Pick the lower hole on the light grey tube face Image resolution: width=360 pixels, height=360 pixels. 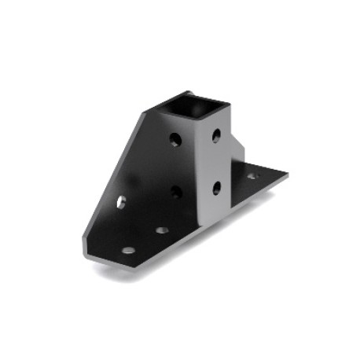tap(216, 187)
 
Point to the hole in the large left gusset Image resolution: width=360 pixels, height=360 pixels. tap(120, 201)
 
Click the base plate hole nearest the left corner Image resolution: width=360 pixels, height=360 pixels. tap(128, 250)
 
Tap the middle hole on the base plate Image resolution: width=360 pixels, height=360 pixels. tap(162, 230)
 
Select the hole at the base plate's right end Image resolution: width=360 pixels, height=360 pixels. tap(252, 176)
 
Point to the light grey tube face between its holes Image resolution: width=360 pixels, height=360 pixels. tap(216, 162)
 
